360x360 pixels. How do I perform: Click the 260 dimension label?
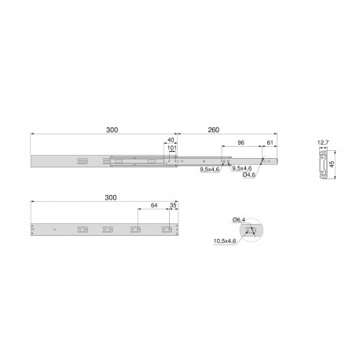tap(213, 130)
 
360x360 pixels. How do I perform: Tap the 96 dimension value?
tap(241, 142)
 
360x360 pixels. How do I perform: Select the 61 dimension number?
tap(270, 142)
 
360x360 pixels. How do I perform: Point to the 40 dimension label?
tap(171, 140)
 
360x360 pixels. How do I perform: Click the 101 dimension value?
tap(172, 148)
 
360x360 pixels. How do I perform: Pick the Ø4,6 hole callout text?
tap(249, 174)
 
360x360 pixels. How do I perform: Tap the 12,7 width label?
tap(323, 143)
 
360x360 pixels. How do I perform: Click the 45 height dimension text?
tap(332, 164)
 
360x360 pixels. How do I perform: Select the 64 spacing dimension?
tap(154, 205)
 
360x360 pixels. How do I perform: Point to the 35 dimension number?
tap(173, 205)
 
